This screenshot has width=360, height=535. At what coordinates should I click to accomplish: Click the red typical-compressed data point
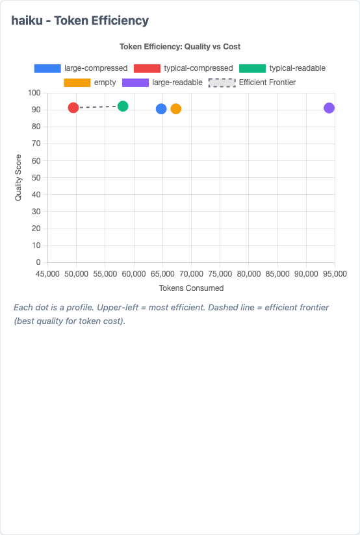73,108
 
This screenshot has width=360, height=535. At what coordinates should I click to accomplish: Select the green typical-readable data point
123,106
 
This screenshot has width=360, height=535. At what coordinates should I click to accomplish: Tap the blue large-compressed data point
161,108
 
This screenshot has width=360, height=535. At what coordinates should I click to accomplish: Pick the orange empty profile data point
175,108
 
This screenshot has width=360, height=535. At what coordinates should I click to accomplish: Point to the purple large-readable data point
329,108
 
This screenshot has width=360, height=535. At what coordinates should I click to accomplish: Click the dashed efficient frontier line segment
98,106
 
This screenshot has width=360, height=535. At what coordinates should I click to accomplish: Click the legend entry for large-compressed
81,68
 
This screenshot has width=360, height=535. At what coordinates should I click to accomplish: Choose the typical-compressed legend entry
183,68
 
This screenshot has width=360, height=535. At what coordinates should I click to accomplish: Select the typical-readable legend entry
282,68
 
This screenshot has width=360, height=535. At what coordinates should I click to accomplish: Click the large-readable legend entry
162,82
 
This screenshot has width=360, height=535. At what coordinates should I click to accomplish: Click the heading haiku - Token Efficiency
80,21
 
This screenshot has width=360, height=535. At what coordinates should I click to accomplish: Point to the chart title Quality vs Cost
180,47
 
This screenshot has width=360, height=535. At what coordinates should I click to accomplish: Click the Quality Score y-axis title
18,177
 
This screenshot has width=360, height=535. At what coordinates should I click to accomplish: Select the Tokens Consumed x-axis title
191,288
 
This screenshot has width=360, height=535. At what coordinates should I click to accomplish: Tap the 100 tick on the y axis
34,93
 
